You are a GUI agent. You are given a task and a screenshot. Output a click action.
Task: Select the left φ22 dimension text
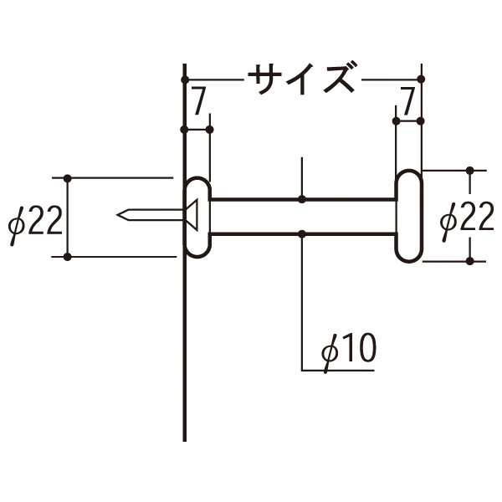click(33, 221)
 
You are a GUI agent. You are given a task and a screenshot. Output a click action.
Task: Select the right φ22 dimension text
click(465, 218)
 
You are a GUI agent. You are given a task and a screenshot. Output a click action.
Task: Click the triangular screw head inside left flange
click(192, 215)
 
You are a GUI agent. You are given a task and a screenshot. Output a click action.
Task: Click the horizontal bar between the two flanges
click(301, 215)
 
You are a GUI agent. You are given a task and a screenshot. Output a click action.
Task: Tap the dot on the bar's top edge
click(302, 199)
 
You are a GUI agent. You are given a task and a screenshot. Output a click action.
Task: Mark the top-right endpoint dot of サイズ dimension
click(421, 79)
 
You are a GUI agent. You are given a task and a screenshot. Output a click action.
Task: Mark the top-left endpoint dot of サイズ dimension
click(183, 79)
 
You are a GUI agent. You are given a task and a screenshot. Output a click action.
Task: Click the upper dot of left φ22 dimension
click(67, 177)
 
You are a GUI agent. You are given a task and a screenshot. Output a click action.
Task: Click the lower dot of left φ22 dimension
click(67, 257)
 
